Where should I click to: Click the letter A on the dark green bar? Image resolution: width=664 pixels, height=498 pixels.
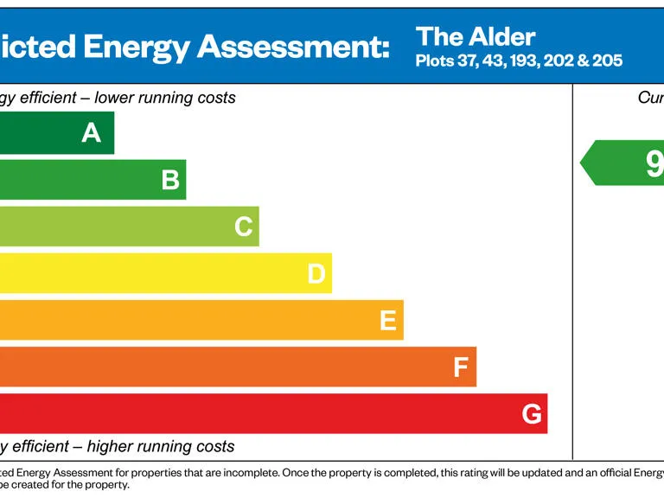[x=91, y=132]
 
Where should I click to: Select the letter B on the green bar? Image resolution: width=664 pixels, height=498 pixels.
[x=170, y=180]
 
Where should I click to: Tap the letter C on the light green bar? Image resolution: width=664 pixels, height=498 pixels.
[x=243, y=227]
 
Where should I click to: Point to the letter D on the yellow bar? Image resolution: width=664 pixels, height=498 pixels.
[x=316, y=274]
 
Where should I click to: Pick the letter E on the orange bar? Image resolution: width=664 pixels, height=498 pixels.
[x=388, y=321]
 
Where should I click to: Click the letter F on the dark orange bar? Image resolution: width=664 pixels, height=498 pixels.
[x=461, y=367]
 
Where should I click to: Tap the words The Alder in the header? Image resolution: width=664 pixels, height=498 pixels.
[x=475, y=36]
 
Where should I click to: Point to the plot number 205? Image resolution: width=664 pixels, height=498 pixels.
[x=607, y=61]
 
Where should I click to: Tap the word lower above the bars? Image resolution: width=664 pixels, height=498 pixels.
[x=114, y=98]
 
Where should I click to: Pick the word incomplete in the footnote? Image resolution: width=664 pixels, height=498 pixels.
[x=247, y=473]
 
